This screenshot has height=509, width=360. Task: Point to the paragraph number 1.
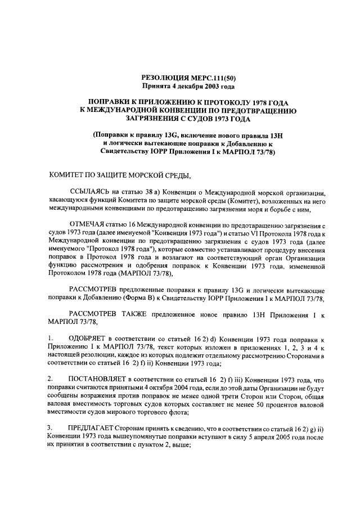[50, 338]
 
